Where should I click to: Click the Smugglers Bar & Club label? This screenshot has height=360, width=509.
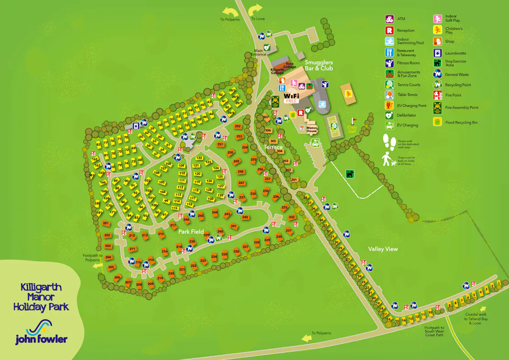click(319, 65)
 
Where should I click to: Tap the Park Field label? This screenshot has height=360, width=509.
click(191, 232)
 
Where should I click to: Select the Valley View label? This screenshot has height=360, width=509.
click(383, 249)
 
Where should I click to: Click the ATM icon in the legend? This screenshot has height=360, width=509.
click(389, 19)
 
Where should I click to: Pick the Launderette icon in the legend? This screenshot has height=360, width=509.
click(437, 53)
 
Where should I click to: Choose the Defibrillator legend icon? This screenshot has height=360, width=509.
click(389, 115)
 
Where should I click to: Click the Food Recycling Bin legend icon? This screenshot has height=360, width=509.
click(437, 122)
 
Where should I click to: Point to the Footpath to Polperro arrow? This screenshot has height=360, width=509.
click(97, 265)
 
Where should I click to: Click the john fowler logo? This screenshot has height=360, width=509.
click(41, 332)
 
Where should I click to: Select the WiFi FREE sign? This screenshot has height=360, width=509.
click(292, 98)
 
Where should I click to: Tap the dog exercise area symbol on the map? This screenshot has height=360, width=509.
click(350, 174)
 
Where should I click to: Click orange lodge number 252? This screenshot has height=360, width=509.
click(238, 126)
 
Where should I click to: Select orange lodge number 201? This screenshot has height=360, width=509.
click(106, 223)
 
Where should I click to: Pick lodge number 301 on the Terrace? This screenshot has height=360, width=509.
click(294, 179)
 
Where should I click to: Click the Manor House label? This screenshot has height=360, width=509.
click(312, 129)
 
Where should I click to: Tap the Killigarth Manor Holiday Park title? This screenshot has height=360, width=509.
click(41, 297)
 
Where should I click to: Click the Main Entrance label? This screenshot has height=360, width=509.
click(258, 52)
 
